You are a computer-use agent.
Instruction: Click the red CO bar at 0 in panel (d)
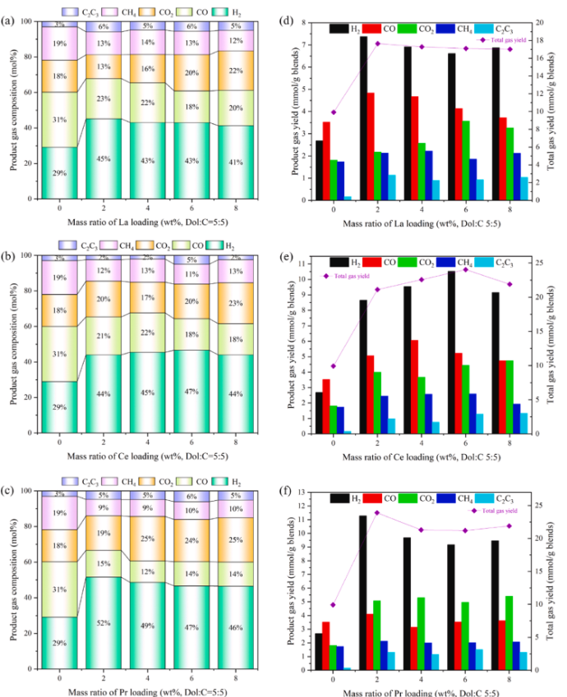(326, 161)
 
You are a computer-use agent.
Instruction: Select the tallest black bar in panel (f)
(363, 592)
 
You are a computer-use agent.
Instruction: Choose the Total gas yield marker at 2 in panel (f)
(377, 512)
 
